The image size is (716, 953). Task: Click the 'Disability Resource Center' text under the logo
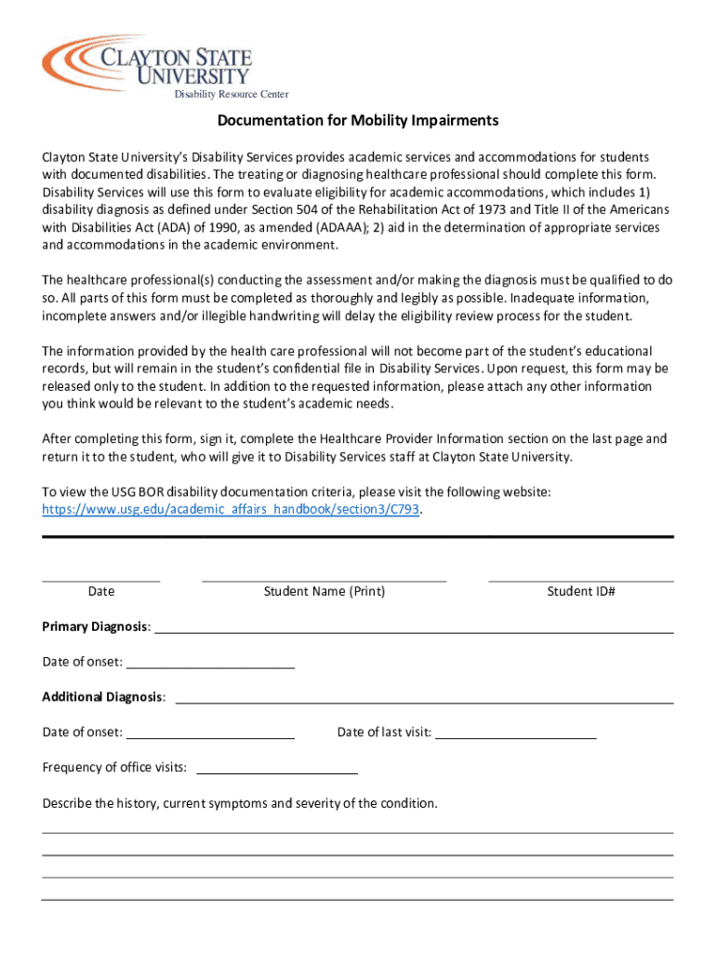click(232, 94)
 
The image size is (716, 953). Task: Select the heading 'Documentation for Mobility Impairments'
click(358, 121)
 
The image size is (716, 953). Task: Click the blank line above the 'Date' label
click(100, 580)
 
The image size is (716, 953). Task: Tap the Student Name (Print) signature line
click(324, 580)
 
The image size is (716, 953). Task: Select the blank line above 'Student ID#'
click(580, 580)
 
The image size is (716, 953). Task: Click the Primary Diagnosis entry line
click(414, 631)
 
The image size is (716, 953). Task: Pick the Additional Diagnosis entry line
click(424, 702)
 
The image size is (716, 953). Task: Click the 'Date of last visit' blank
click(516, 736)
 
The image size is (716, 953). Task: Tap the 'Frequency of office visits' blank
click(277, 772)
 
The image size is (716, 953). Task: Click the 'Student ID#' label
click(581, 591)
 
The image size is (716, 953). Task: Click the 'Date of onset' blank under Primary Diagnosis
click(210, 666)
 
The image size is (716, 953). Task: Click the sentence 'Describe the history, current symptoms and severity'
click(240, 803)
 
